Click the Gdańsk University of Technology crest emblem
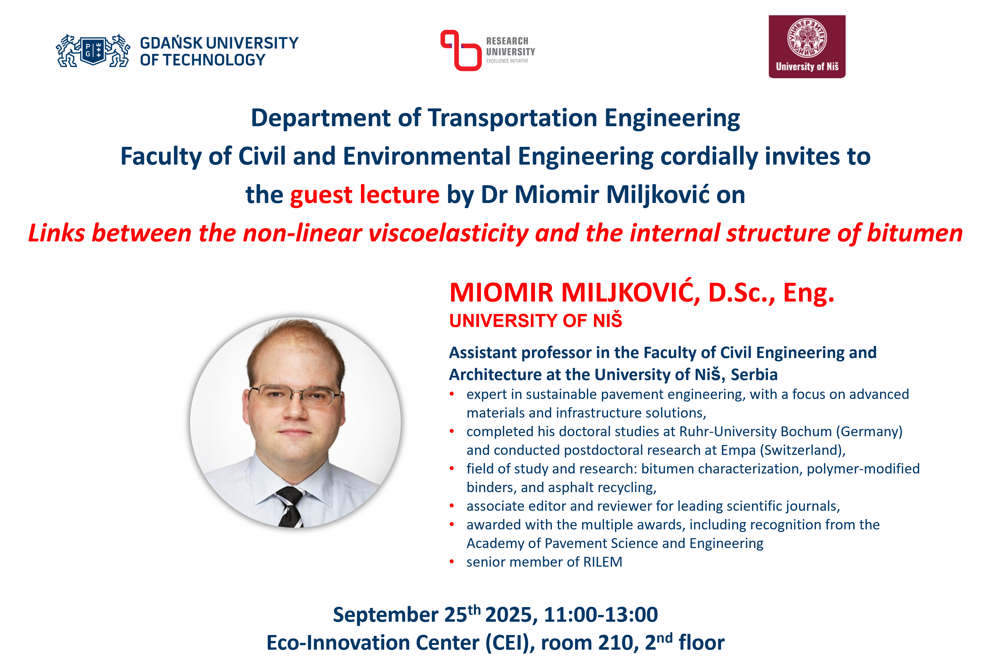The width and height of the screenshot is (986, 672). (93, 51)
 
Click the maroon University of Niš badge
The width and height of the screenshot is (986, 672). (807, 47)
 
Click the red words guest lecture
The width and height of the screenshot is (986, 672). (365, 195)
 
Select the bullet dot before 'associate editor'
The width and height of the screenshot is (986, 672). (452, 506)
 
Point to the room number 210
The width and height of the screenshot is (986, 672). (618, 643)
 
